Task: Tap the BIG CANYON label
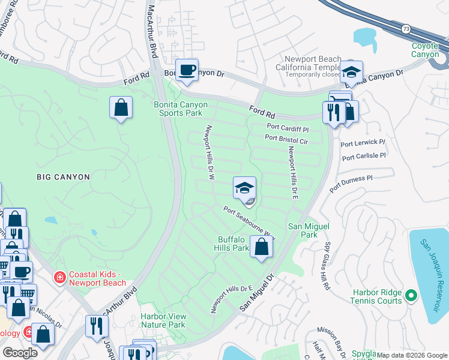pos(63,177)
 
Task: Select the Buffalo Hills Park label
pos(233,244)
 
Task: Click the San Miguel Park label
pos(303,230)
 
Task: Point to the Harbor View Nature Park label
pos(163,320)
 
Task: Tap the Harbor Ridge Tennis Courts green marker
pos(411,295)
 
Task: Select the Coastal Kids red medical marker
pos(60,277)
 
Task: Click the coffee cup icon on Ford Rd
pos(187,69)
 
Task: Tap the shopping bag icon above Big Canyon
pos(121,107)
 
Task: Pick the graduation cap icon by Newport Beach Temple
pos(351,72)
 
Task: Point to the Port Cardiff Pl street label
pos(288,129)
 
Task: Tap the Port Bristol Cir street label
pos(286,139)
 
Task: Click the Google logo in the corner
pos(20,352)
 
